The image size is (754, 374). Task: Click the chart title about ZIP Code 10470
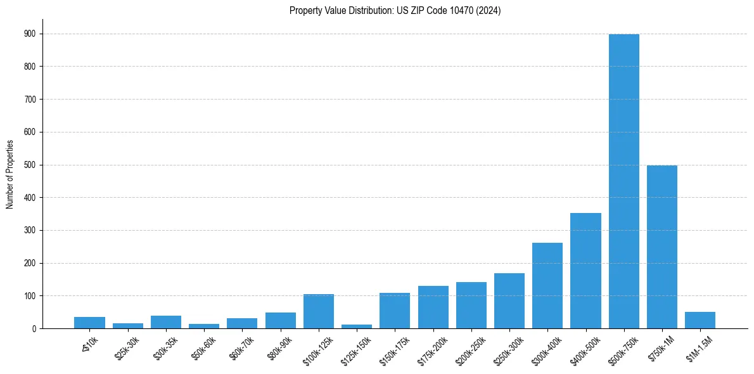coord(395,11)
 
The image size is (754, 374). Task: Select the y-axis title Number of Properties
coord(10,174)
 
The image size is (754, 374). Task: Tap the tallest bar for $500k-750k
coord(623,181)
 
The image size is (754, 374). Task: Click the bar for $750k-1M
coord(661,247)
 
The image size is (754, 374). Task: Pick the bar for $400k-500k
coord(585,271)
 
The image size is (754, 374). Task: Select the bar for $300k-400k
coord(547,285)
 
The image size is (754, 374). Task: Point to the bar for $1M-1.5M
coord(700,320)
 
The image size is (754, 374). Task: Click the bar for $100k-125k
coord(319,311)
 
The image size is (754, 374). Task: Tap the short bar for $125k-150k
coord(357,326)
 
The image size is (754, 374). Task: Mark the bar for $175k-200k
coord(433,307)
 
